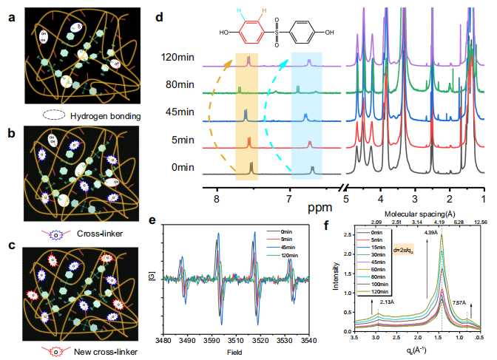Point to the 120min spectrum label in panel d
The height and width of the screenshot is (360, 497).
coord(177,55)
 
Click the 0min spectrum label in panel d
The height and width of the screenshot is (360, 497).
coord(183,167)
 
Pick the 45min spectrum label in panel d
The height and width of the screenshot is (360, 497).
coord(180,112)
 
